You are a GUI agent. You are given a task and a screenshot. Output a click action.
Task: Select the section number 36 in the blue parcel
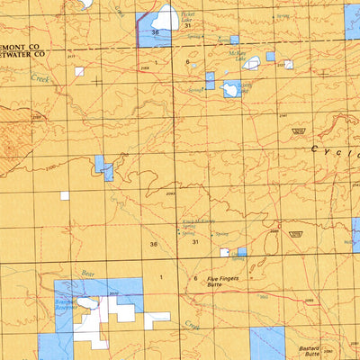tap(156, 32)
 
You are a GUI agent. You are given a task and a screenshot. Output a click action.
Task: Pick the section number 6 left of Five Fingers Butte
tap(195, 279)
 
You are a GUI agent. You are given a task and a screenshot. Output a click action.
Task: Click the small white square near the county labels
tap(79, 71)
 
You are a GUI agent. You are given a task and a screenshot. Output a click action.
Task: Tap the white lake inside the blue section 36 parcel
tap(167, 17)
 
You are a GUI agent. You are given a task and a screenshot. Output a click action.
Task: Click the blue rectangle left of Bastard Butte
tap(267, 343)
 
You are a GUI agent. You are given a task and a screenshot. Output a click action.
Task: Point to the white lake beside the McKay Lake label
tap(254, 63)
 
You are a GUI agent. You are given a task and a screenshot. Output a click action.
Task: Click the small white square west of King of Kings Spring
tap(64, 195)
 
